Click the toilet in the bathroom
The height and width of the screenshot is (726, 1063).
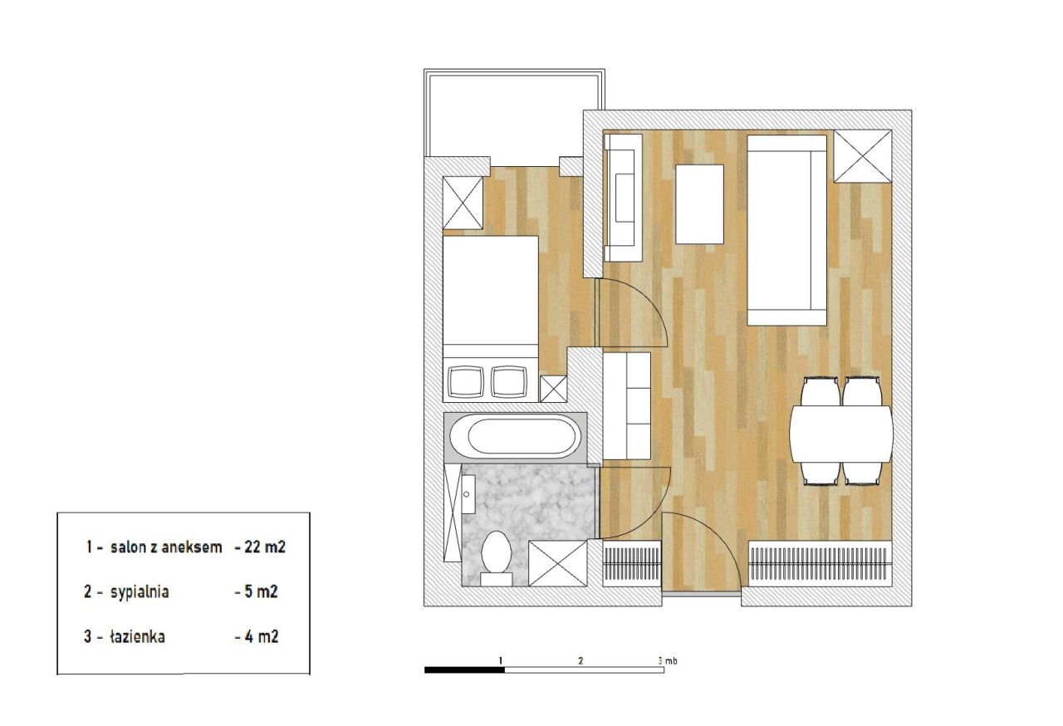(x=497, y=558)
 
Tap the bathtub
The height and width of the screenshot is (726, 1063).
(x=515, y=437)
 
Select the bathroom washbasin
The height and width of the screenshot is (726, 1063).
(x=468, y=494)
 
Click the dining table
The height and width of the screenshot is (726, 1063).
(x=841, y=434)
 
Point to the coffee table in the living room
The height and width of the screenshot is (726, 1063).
(x=699, y=204)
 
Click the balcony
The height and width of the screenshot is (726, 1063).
(x=514, y=113)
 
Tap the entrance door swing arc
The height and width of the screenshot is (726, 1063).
(x=717, y=532)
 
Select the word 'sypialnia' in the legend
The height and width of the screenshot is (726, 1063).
(x=140, y=592)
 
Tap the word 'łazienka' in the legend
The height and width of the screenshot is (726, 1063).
(x=138, y=636)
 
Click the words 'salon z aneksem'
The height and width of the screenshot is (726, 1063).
(x=166, y=547)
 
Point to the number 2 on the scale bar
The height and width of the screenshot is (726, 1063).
(x=580, y=660)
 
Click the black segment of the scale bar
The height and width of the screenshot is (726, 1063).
(x=464, y=670)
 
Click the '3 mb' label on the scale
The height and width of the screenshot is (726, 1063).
(x=667, y=660)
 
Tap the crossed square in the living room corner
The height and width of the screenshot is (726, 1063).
(x=863, y=156)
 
